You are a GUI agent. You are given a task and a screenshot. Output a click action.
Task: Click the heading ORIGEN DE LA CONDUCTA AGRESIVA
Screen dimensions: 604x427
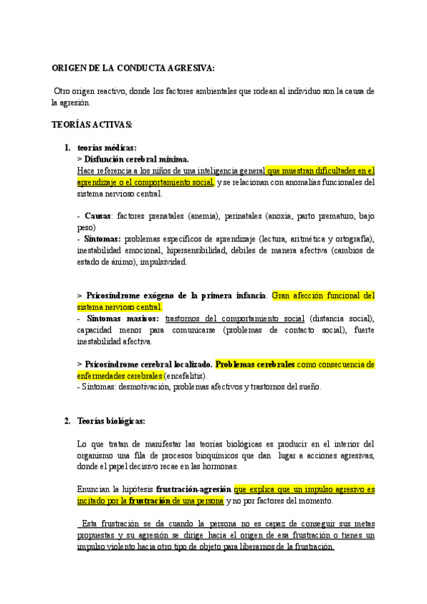tap(132, 68)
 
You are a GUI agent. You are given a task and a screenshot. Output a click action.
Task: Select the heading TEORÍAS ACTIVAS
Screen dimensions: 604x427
tap(92, 125)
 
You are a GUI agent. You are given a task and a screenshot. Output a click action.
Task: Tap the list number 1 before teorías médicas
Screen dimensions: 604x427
tap(67, 147)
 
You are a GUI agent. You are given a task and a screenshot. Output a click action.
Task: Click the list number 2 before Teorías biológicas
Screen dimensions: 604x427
tap(67, 421)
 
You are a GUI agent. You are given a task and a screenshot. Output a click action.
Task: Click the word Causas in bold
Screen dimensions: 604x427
tap(97, 216)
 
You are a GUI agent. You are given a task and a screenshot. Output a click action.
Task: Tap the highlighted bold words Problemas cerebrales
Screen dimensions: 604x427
tap(255, 364)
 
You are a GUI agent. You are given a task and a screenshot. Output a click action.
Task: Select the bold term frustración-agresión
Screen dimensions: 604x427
tap(194, 489)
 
